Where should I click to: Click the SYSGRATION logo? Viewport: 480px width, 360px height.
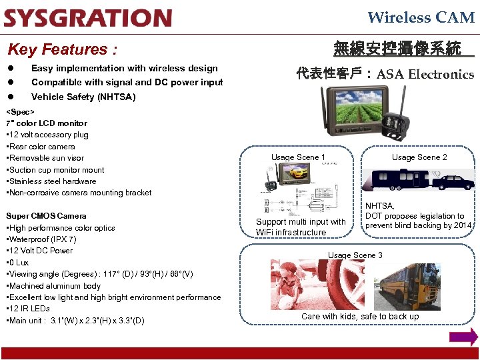tap(87, 17)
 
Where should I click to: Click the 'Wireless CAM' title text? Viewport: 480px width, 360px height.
tap(421, 17)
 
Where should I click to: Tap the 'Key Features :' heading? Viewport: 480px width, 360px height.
tap(62, 49)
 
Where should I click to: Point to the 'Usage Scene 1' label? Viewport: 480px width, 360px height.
tap(298, 157)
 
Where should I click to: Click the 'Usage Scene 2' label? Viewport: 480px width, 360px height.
tap(419, 157)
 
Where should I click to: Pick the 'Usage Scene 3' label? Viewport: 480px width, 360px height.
tap(355, 255)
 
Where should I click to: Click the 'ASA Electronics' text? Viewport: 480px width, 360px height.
tap(425, 74)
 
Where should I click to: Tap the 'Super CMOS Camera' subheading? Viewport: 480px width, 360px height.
tap(46, 216)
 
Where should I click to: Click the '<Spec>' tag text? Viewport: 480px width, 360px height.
tap(20, 111)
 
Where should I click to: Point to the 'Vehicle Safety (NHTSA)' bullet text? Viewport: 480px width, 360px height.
tap(83, 97)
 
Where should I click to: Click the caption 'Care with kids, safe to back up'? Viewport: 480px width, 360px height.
tap(360, 316)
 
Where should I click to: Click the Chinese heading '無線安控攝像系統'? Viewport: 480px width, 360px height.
tap(397, 49)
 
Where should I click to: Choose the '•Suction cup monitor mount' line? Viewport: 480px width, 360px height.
tap(55, 170)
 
